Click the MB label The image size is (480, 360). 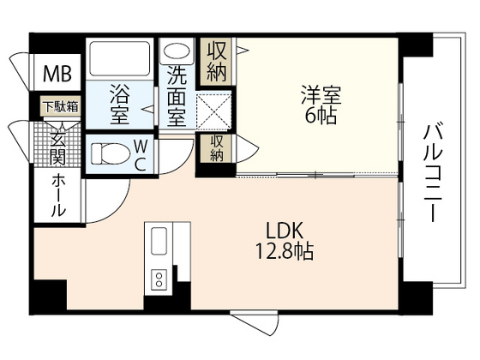[57, 70]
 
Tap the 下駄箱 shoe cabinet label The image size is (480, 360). [59, 107]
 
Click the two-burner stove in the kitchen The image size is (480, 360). [159, 279]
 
